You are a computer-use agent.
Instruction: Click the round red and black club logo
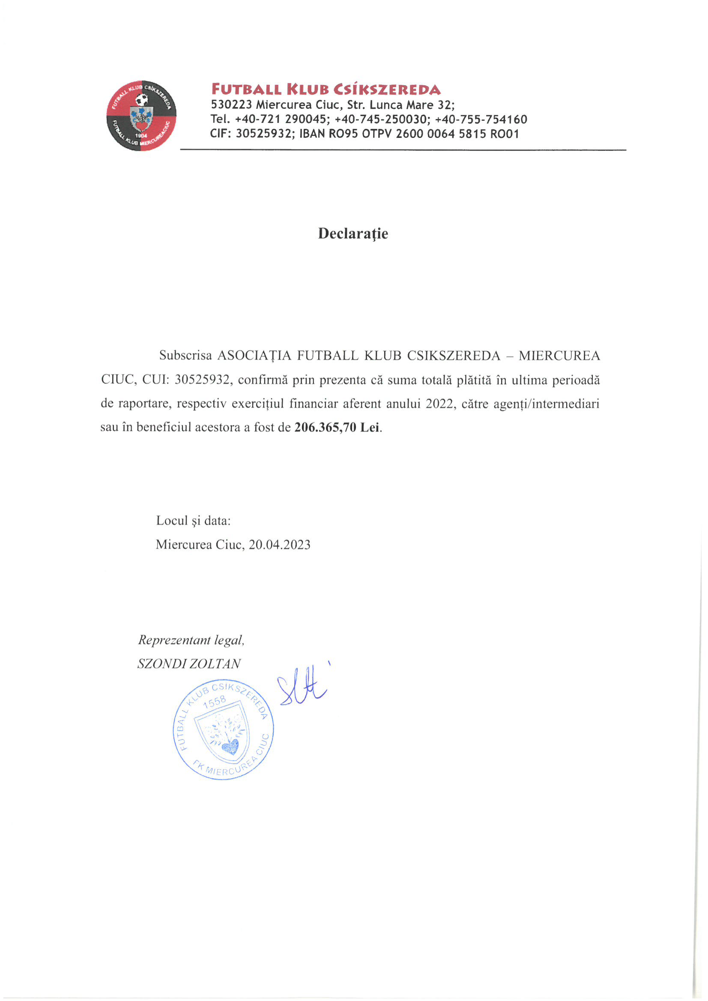142,116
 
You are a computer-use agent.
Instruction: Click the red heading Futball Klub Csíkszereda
326,90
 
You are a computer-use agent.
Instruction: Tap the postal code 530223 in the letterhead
231,105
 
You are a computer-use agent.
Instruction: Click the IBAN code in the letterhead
409,134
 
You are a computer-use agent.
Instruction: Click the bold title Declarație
353,234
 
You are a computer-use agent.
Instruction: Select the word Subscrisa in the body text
185,356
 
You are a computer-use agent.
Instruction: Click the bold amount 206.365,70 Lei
337,427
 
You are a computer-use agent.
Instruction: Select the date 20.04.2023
279,544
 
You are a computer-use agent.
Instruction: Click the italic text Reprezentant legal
191,640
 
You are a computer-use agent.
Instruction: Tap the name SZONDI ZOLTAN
189,663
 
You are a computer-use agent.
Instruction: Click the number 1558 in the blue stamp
215,703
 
